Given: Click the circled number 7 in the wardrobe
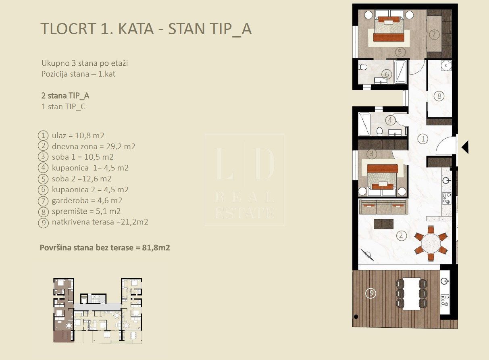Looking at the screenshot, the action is [434, 34].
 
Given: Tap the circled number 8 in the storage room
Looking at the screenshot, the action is [439, 96].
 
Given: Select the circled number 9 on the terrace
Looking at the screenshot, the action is [370, 293].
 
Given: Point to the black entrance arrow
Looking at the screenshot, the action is [465, 148].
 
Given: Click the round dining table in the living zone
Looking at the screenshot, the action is [431, 243].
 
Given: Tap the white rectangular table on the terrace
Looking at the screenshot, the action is [412, 293].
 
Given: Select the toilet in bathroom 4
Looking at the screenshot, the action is [380, 131].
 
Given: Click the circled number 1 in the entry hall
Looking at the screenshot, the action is [423, 139].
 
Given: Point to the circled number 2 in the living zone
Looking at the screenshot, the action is [401, 235].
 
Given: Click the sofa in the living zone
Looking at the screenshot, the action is [383, 207].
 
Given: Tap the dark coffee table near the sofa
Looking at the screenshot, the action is [383, 224].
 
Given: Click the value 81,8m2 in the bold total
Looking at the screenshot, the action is [156, 248].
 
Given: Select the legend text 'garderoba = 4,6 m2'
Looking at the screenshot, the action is [87, 200].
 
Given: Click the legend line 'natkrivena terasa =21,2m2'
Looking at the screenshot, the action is [100, 222].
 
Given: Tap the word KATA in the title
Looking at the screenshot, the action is [136, 29].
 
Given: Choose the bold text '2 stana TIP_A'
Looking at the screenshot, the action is [65, 96].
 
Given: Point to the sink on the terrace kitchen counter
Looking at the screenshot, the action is [445, 281].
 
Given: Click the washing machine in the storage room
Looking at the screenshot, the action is [446, 65].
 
